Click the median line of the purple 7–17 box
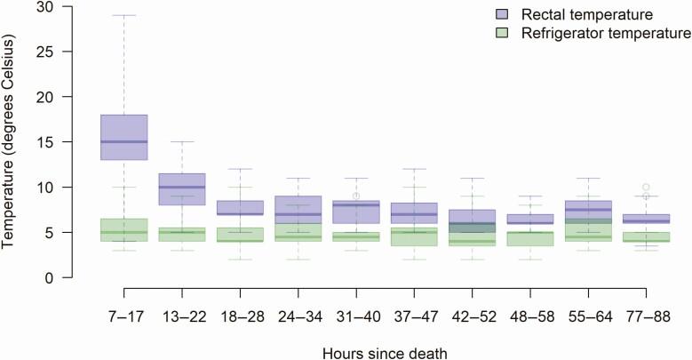point(123,141)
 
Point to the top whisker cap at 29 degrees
point(123,15)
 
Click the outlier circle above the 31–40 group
point(355,196)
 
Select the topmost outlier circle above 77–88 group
point(646,187)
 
